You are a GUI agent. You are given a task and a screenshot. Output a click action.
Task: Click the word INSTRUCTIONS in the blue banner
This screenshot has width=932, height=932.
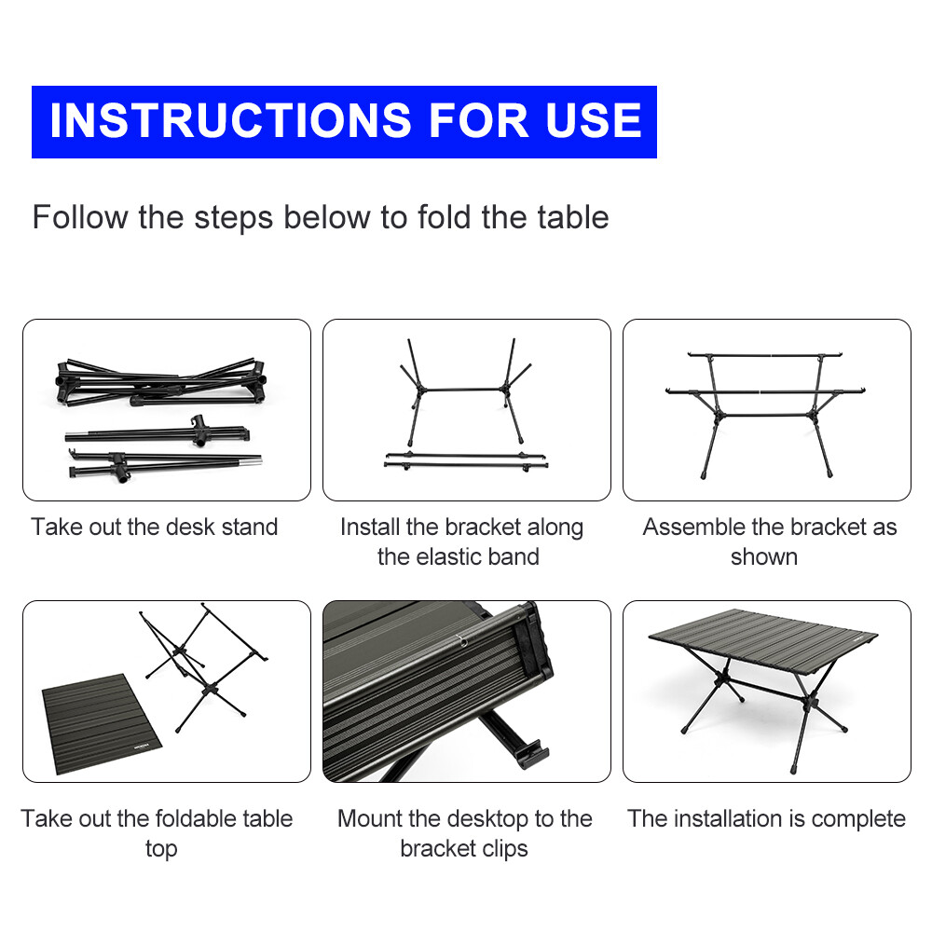230,120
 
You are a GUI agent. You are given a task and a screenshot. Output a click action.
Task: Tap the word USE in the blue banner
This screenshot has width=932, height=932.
593,120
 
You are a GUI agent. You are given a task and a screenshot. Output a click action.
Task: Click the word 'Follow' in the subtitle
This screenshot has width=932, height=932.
80,217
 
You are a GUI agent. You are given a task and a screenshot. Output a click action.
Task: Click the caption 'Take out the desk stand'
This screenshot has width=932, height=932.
155,527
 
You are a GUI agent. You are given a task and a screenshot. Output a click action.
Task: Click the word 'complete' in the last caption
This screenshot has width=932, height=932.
858,819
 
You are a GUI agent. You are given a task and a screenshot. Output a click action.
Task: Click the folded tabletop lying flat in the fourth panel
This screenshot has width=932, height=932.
102,723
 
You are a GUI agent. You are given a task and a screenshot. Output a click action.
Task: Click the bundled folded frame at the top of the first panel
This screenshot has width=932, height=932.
160,382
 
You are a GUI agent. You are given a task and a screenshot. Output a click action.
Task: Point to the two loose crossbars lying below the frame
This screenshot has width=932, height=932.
465,461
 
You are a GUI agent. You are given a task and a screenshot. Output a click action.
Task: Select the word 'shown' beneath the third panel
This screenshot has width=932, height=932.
764,557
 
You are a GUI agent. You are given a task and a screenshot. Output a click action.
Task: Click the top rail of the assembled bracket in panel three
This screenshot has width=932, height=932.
765,355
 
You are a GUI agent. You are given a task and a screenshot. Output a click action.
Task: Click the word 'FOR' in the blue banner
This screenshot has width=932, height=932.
478,120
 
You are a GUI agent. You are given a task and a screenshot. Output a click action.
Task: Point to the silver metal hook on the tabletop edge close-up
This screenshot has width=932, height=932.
459,639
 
